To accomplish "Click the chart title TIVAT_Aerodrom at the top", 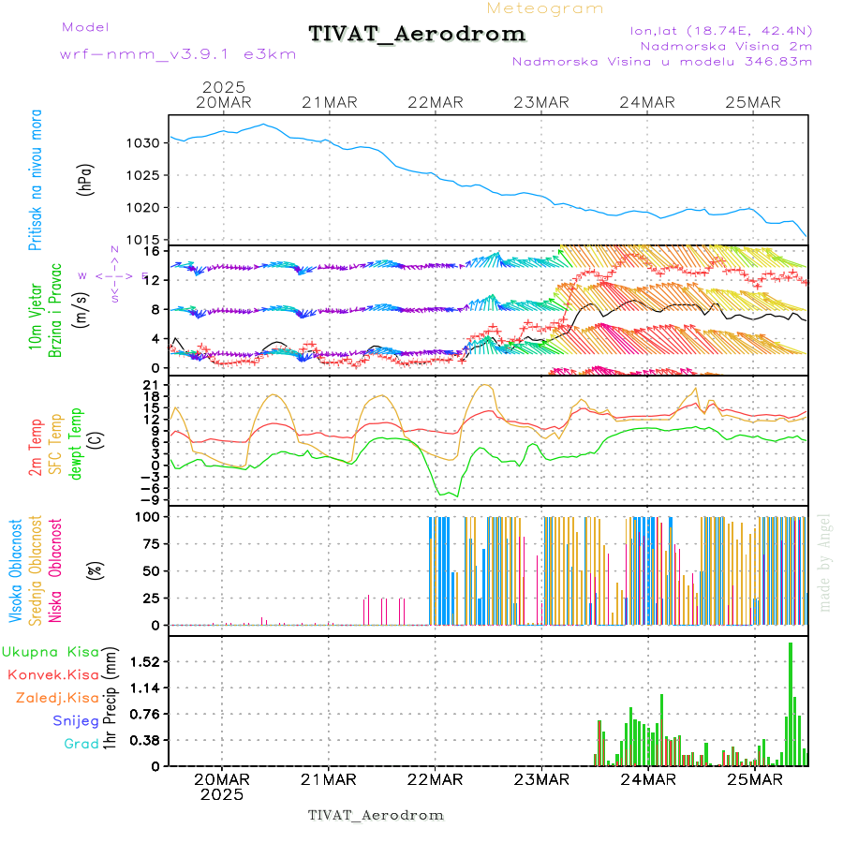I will pyautogui.click(x=417, y=34).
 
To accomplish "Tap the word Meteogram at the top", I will pyautogui.click(x=545, y=8).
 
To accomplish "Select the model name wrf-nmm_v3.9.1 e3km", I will pyautogui.click(x=178, y=54).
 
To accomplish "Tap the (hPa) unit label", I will pyautogui.click(x=85, y=179).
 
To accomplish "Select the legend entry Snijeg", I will pyautogui.click(x=75, y=721).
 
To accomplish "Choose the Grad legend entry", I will pyautogui.click(x=81, y=745).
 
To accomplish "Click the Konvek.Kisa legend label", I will pyautogui.click(x=52, y=674).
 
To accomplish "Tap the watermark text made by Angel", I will pyautogui.click(x=825, y=562).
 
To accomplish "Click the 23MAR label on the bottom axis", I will pyautogui.click(x=543, y=779).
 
